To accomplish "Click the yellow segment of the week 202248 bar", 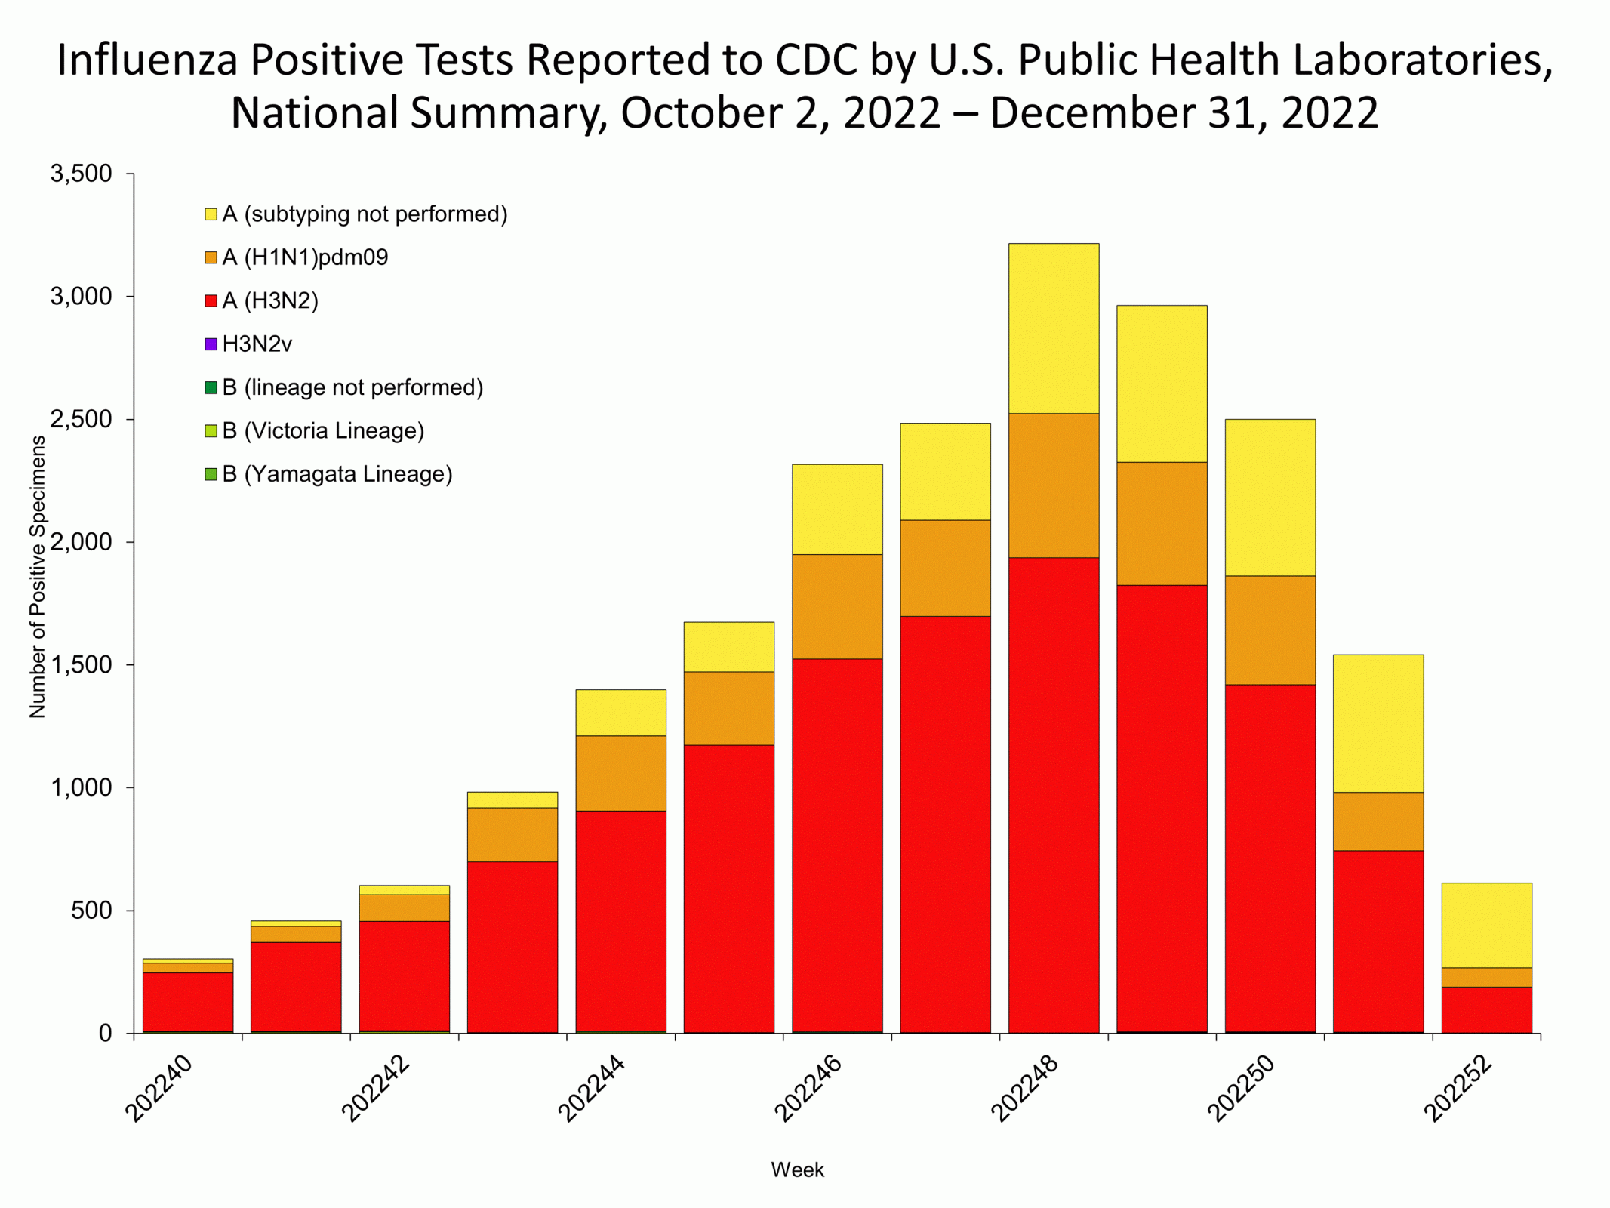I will point(1053,328).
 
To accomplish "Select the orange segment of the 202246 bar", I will point(837,606).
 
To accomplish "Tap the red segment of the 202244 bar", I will point(620,921).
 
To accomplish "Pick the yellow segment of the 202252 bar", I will point(1486,925).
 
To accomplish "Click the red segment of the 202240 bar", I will point(188,1002).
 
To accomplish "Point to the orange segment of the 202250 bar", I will point(1270,630).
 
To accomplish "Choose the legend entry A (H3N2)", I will point(269,301).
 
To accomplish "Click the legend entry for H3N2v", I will point(257,344).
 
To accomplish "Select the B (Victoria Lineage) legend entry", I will point(322,431).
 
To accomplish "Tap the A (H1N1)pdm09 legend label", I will point(305,257).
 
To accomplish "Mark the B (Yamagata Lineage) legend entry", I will point(337,474).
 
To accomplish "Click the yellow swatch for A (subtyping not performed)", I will point(211,214).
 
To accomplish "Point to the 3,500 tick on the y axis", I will point(81,174).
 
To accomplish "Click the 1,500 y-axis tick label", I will point(81,665).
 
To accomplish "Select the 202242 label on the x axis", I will point(376,1089).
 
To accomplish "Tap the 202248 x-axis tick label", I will point(1025,1089).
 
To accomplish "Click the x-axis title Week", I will point(797,1169).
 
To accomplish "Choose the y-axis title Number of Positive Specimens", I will point(37,577).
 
